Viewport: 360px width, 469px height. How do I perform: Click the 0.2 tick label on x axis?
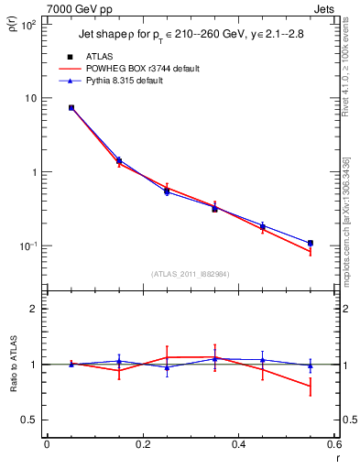[142, 445]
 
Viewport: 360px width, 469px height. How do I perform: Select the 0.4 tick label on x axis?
[238, 445]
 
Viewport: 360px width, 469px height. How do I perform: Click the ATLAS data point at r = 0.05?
[71, 107]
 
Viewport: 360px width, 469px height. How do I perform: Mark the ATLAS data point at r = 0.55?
[311, 243]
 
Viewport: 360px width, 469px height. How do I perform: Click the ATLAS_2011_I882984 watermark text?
[191, 274]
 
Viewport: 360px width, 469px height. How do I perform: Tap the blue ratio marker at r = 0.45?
[263, 360]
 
